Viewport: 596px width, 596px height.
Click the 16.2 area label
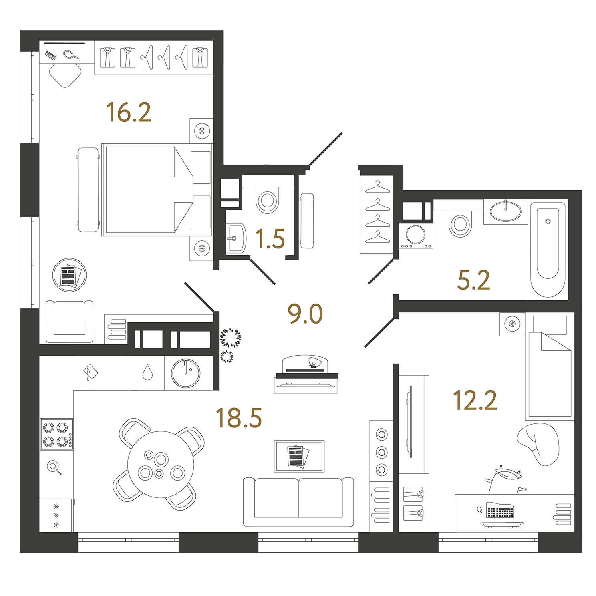(129, 112)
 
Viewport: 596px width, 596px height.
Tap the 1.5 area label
(270, 239)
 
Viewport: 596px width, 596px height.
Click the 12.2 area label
(475, 400)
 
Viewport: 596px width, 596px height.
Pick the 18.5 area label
(239, 418)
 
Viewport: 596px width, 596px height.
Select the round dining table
(161, 464)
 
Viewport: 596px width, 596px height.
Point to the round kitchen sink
(185, 373)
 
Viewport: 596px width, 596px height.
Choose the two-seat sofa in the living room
(298, 502)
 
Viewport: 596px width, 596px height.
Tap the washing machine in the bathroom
(416, 236)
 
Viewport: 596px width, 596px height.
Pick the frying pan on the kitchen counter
(54, 467)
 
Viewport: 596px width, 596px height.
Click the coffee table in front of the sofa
(299, 456)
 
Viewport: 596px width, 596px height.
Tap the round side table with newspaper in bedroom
(69, 275)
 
